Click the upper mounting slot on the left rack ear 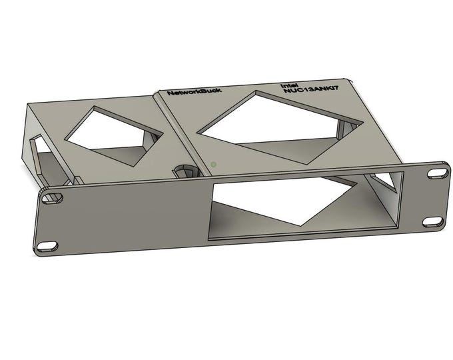(x=51, y=198)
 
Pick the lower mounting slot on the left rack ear (x=47, y=247)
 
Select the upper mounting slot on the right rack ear (x=437, y=173)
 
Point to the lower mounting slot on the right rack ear (x=432, y=221)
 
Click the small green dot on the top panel (x=213, y=163)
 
